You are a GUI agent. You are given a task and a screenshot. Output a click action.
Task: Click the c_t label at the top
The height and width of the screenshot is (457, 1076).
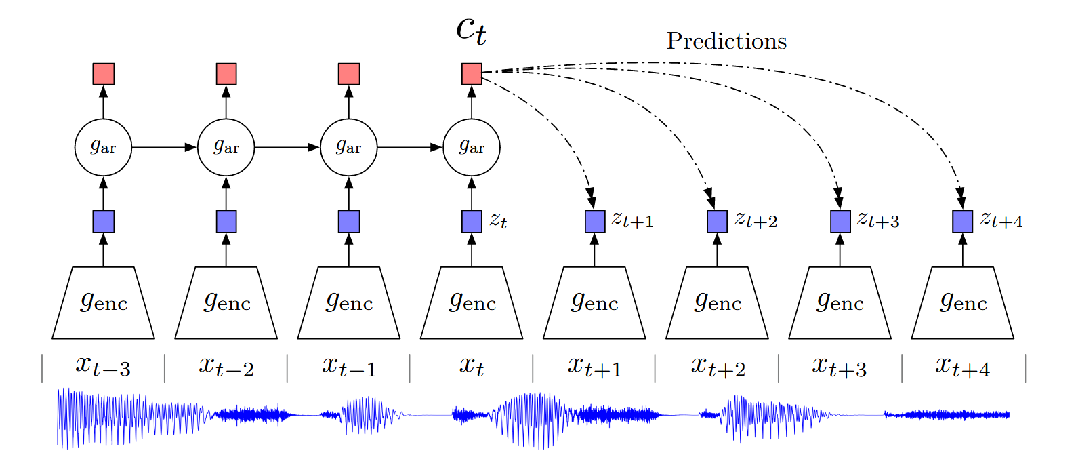(471, 31)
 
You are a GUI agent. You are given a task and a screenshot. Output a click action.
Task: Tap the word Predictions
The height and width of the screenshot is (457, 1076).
(726, 41)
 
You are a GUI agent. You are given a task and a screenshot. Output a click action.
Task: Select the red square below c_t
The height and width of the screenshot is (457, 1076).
(472, 74)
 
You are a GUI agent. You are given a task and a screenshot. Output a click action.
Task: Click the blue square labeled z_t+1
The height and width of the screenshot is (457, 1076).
(595, 222)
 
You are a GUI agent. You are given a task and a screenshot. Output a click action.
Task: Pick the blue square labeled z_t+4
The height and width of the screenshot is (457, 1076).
(963, 222)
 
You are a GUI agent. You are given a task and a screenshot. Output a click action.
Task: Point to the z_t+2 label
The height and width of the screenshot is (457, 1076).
(756, 220)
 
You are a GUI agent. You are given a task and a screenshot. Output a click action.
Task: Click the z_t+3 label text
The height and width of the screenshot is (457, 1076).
(879, 220)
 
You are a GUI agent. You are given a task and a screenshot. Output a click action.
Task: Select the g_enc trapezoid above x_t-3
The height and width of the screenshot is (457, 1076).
(103, 302)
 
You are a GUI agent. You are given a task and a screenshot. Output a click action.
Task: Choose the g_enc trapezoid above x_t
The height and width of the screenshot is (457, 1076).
(472, 302)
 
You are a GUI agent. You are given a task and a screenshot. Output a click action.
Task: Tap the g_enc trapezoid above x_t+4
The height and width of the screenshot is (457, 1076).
(963, 302)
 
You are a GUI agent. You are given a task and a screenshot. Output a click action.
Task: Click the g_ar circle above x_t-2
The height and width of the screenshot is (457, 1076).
(226, 147)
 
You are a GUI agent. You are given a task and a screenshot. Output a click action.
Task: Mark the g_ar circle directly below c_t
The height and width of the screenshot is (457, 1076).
(472, 147)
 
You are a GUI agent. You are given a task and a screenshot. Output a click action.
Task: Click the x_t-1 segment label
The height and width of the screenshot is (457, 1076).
(349, 367)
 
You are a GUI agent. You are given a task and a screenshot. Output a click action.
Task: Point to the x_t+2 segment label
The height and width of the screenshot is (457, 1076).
(718, 367)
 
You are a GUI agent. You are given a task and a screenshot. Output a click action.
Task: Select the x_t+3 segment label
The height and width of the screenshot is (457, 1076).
(840, 367)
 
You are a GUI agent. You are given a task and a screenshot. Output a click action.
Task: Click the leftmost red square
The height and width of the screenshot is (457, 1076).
(103, 74)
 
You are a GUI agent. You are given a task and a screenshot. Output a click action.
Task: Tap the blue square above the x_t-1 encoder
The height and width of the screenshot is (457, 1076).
(349, 222)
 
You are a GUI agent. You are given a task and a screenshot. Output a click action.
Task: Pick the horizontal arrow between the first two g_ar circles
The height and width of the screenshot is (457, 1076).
(164, 147)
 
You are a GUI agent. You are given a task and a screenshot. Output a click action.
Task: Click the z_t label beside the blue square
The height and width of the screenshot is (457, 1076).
(499, 220)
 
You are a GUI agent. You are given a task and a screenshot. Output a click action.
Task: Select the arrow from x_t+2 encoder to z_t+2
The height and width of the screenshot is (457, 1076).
(717, 250)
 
